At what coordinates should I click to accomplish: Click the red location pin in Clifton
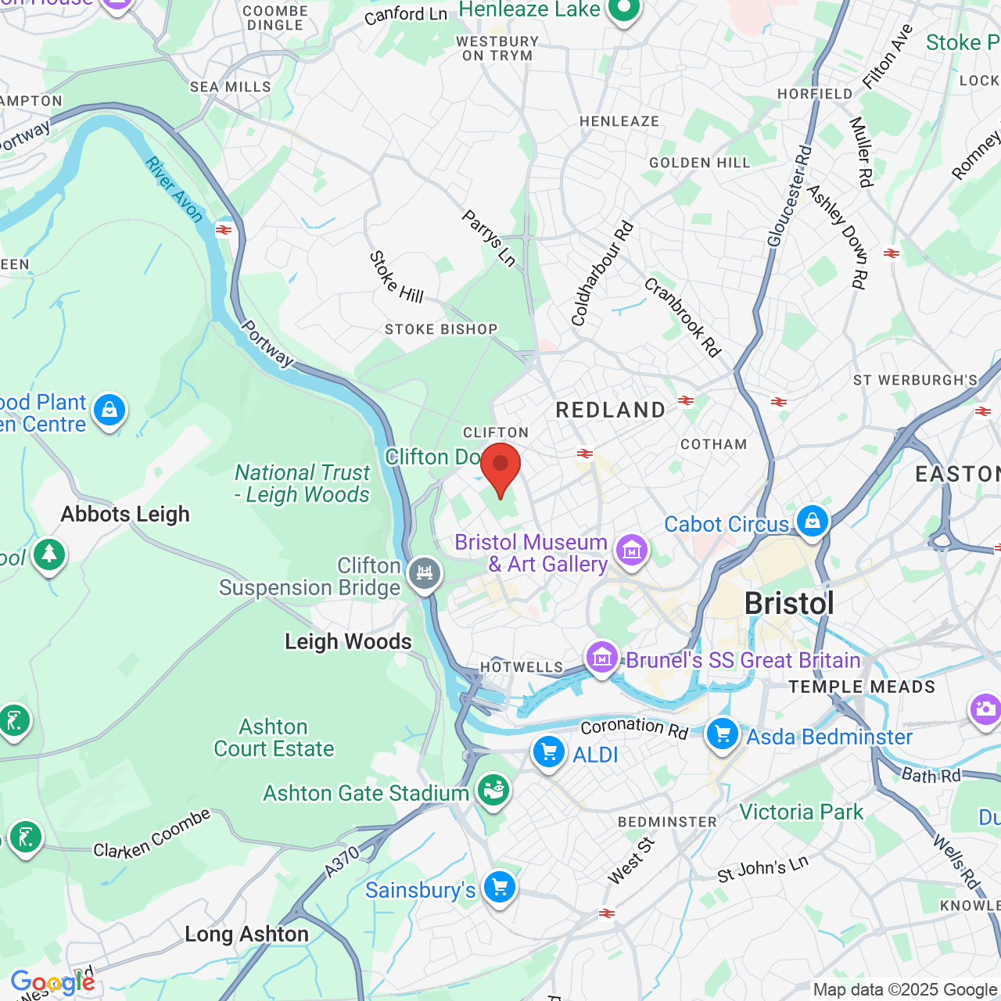[x=500, y=468]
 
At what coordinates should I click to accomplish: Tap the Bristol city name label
[x=788, y=604]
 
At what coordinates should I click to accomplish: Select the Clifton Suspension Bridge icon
[x=425, y=574]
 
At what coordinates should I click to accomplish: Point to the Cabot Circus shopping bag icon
[x=812, y=520]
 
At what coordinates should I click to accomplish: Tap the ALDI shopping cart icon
[x=549, y=752]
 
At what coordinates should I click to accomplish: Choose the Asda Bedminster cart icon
[x=723, y=734]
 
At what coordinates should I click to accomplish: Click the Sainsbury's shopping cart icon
[x=499, y=888]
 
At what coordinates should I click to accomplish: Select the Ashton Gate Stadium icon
[x=493, y=791]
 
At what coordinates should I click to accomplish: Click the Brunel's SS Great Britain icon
[x=602, y=658]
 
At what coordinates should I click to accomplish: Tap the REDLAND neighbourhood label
[x=610, y=410]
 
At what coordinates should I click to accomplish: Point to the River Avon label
[x=174, y=189]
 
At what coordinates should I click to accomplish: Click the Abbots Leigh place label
[x=125, y=514]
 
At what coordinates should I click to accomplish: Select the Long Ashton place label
[x=246, y=934]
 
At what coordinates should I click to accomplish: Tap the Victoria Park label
[x=801, y=812]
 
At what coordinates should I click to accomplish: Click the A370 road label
[x=343, y=861]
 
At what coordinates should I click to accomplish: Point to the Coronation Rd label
[x=634, y=728]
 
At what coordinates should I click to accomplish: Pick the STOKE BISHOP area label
[x=441, y=329]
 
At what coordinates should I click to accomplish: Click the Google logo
[x=52, y=982]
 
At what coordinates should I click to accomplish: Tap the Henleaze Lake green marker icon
[x=623, y=9]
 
